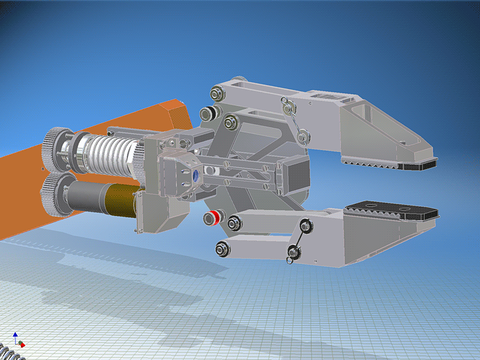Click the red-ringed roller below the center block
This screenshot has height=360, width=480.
(x=214, y=217)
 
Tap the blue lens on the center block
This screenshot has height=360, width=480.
(x=196, y=175)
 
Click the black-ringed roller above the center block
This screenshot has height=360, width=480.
(x=210, y=113)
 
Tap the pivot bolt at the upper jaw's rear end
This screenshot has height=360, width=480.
(x=217, y=93)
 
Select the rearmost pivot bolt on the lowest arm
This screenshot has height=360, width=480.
(x=222, y=249)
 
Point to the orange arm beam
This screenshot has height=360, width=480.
(x=25, y=185)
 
